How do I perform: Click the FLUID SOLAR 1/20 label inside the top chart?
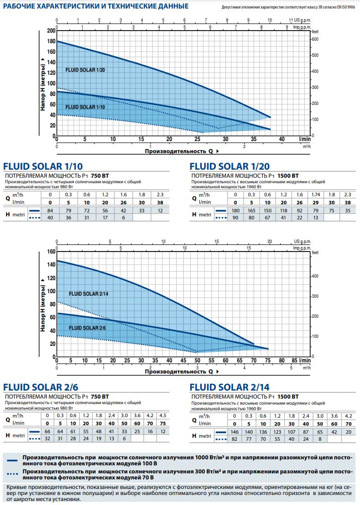(x=85, y=70)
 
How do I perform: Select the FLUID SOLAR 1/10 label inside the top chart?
(x=85, y=107)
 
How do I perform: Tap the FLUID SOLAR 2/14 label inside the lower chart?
(x=89, y=293)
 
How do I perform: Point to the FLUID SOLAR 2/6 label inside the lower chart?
(x=87, y=327)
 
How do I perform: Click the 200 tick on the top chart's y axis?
(x=51, y=31)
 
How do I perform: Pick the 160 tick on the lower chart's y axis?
(x=51, y=251)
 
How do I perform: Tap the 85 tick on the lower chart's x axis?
(x=295, y=360)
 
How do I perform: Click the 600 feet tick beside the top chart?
(x=315, y=39)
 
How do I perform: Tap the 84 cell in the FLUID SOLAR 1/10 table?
(x=50, y=211)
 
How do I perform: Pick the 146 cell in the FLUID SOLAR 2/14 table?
(x=234, y=432)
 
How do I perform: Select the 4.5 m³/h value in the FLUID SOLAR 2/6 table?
(x=162, y=415)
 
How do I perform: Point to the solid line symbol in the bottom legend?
(x=11, y=459)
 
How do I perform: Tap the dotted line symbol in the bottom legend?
(x=11, y=473)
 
